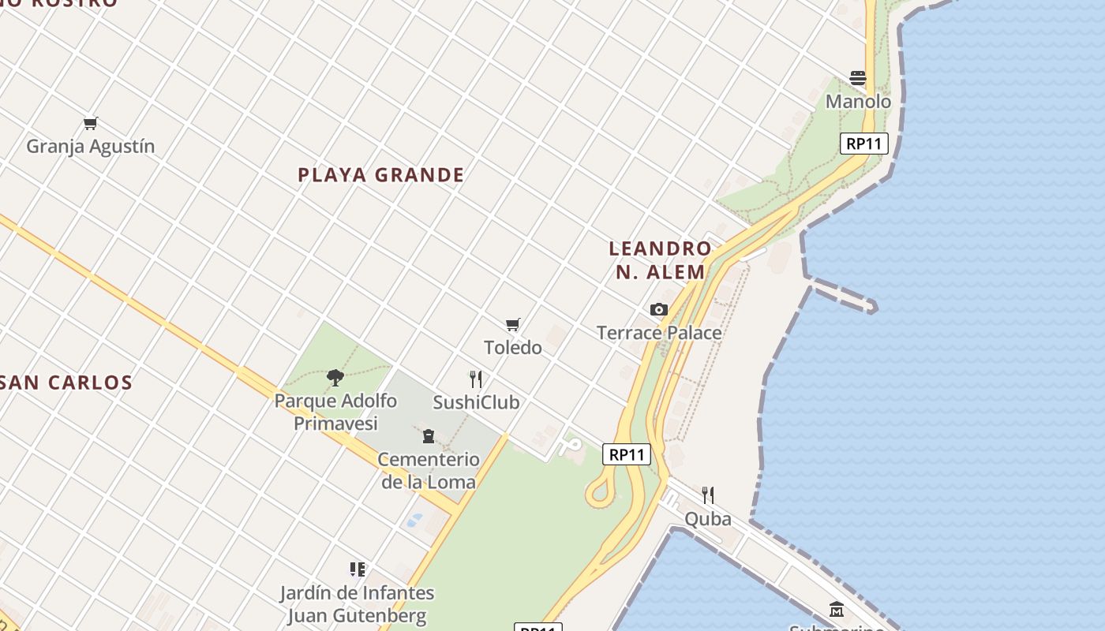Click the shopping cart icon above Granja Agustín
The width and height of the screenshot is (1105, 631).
[90, 123]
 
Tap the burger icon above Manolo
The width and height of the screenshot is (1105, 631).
[858, 77]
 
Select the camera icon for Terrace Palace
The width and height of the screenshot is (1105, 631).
[659, 309]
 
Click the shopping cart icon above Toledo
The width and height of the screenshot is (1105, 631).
[513, 324]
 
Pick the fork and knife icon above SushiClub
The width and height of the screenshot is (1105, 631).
[475, 379]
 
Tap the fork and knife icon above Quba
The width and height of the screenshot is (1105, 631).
[708, 495]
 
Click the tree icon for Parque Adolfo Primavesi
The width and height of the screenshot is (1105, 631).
[335, 377]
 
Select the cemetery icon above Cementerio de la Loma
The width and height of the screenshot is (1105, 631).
[429, 435]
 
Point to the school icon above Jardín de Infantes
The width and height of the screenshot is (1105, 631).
[358, 569]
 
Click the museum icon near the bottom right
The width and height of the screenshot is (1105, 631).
[837, 609]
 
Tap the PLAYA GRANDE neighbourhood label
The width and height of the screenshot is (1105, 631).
[381, 175]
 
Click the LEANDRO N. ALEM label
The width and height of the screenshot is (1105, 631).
[660, 260]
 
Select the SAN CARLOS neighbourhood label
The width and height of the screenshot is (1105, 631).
[66, 383]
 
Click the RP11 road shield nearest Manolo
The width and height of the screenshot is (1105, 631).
[865, 144]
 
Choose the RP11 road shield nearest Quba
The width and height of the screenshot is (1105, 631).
[627, 454]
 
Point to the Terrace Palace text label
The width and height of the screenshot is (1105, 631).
[659, 333]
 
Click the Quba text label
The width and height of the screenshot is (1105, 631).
[708, 519]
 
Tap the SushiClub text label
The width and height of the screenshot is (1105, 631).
[476, 402]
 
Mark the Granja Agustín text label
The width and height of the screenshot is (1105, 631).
[91, 147]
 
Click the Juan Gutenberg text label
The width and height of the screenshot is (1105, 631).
[358, 615]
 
